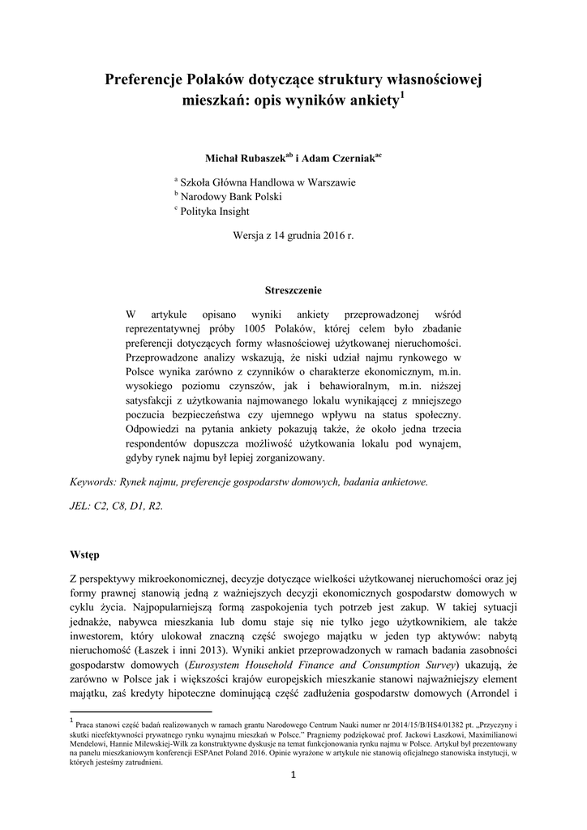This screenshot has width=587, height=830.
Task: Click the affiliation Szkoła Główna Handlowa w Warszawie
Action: click(268, 182)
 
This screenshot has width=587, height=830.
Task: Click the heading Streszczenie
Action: click(293, 289)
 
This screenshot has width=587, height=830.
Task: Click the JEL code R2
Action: click(154, 506)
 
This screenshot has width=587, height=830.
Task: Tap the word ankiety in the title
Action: click(370, 102)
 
